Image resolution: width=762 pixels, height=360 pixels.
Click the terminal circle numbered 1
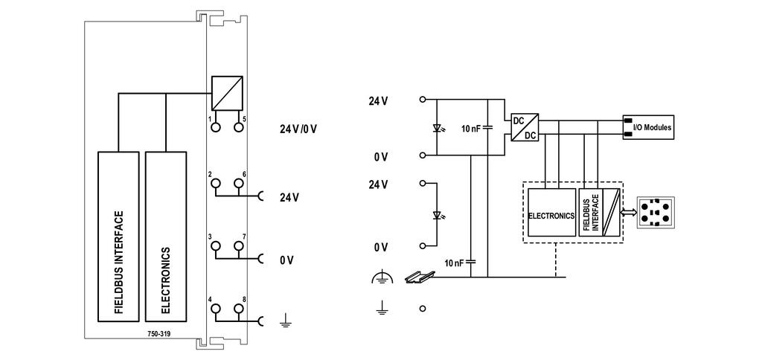click(215, 127)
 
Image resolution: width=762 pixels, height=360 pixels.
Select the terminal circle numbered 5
click(239, 127)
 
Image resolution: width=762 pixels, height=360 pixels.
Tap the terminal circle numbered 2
click(215, 183)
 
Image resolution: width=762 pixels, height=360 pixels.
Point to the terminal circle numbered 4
click(215, 309)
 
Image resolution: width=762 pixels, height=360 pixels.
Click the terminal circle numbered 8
click(239, 309)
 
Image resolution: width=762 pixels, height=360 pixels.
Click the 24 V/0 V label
click(298, 129)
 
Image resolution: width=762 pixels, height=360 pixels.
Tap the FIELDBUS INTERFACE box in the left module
click(118, 237)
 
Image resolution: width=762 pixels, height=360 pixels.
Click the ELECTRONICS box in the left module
click(166, 237)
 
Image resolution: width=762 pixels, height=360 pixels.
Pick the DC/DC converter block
click(525, 127)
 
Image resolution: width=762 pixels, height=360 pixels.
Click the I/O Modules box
click(648, 128)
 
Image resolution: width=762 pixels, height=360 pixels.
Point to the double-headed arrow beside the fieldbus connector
click(630, 213)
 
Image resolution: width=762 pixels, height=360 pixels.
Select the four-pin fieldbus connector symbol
click(655, 213)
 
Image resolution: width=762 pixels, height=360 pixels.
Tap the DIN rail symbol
click(418, 277)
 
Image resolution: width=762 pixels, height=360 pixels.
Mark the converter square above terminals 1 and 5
click(227, 93)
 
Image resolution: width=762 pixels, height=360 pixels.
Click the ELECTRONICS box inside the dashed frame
click(551, 212)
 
